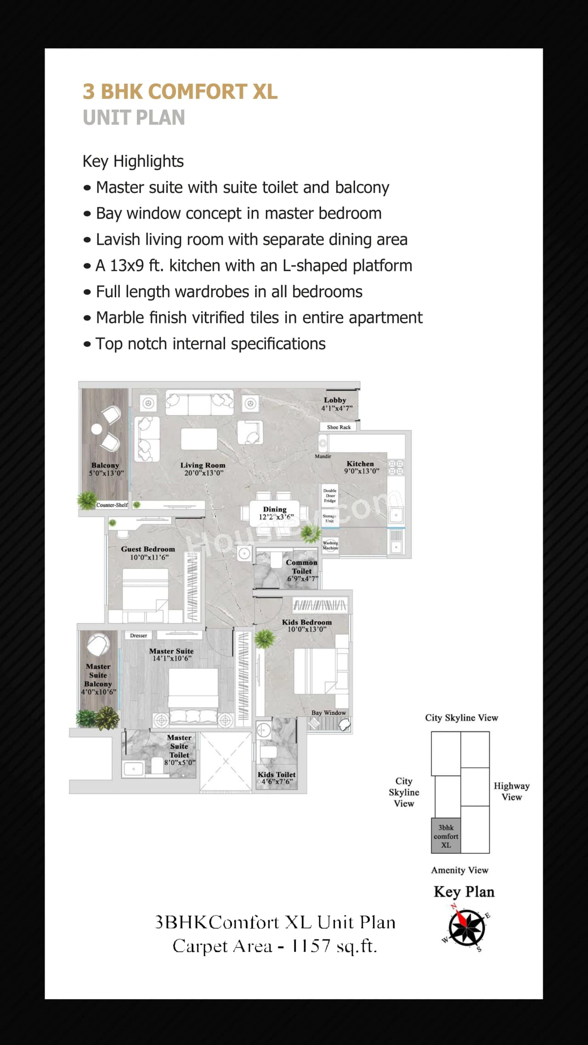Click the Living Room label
tap(203, 465)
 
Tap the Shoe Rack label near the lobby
tap(339, 427)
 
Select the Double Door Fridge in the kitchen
tap(330, 496)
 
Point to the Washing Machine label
tap(330, 545)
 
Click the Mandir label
tap(323, 456)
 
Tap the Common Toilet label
tap(302, 567)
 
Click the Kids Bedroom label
tap(306, 622)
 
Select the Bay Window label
tap(328, 713)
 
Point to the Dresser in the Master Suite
tap(138, 636)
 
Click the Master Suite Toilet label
tap(179, 746)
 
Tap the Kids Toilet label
tap(276, 774)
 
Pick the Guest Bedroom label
tap(148, 549)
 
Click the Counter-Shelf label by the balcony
tap(112, 505)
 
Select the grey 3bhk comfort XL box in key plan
tap(446, 836)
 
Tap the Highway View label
tap(511, 791)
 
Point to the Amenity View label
tap(459, 870)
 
